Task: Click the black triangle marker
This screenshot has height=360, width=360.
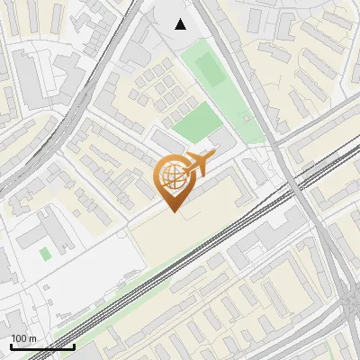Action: click(x=181, y=24)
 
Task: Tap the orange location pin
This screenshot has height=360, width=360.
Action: click(x=175, y=181)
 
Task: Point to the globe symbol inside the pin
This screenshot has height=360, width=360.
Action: click(x=172, y=177)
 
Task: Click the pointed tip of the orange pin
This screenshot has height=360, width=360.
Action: click(x=174, y=211)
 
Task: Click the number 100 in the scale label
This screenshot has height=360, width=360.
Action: click(x=19, y=338)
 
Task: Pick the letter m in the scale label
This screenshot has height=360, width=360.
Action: click(x=32, y=338)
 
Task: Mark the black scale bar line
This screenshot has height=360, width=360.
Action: click(x=42, y=346)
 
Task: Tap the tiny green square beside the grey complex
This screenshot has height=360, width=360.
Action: click(x=45, y=254)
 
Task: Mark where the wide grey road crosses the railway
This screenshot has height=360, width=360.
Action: click(x=294, y=183)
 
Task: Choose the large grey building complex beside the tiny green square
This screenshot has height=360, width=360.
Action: click(x=54, y=229)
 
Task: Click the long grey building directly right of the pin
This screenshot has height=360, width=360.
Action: click(x=225, y=189)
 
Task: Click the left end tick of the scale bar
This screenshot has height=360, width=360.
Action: click(x=11, y=346)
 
